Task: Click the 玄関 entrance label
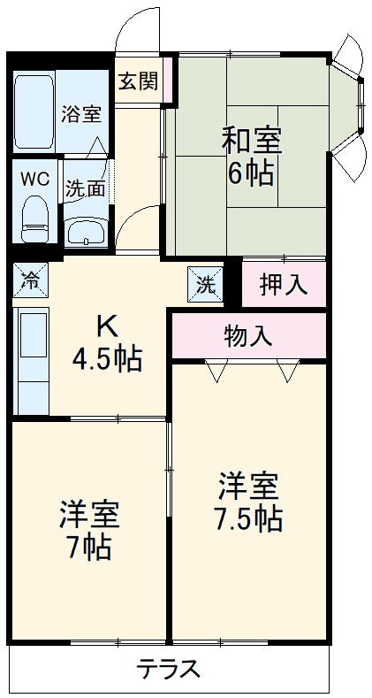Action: pos(139,81)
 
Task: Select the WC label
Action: pos(35,177)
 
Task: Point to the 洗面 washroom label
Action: pos(85,188)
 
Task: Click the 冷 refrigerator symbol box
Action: pos(30,283)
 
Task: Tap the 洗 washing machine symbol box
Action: pos(205,285)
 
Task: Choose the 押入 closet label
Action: pos(283,284)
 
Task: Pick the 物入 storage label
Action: pos(248,335)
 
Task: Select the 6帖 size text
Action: pos(250,173)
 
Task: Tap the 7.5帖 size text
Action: pos(249,518)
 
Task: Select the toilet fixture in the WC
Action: pos(34,218)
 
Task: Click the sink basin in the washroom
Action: pos(86,233)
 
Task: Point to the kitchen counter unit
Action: pos(33,361)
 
